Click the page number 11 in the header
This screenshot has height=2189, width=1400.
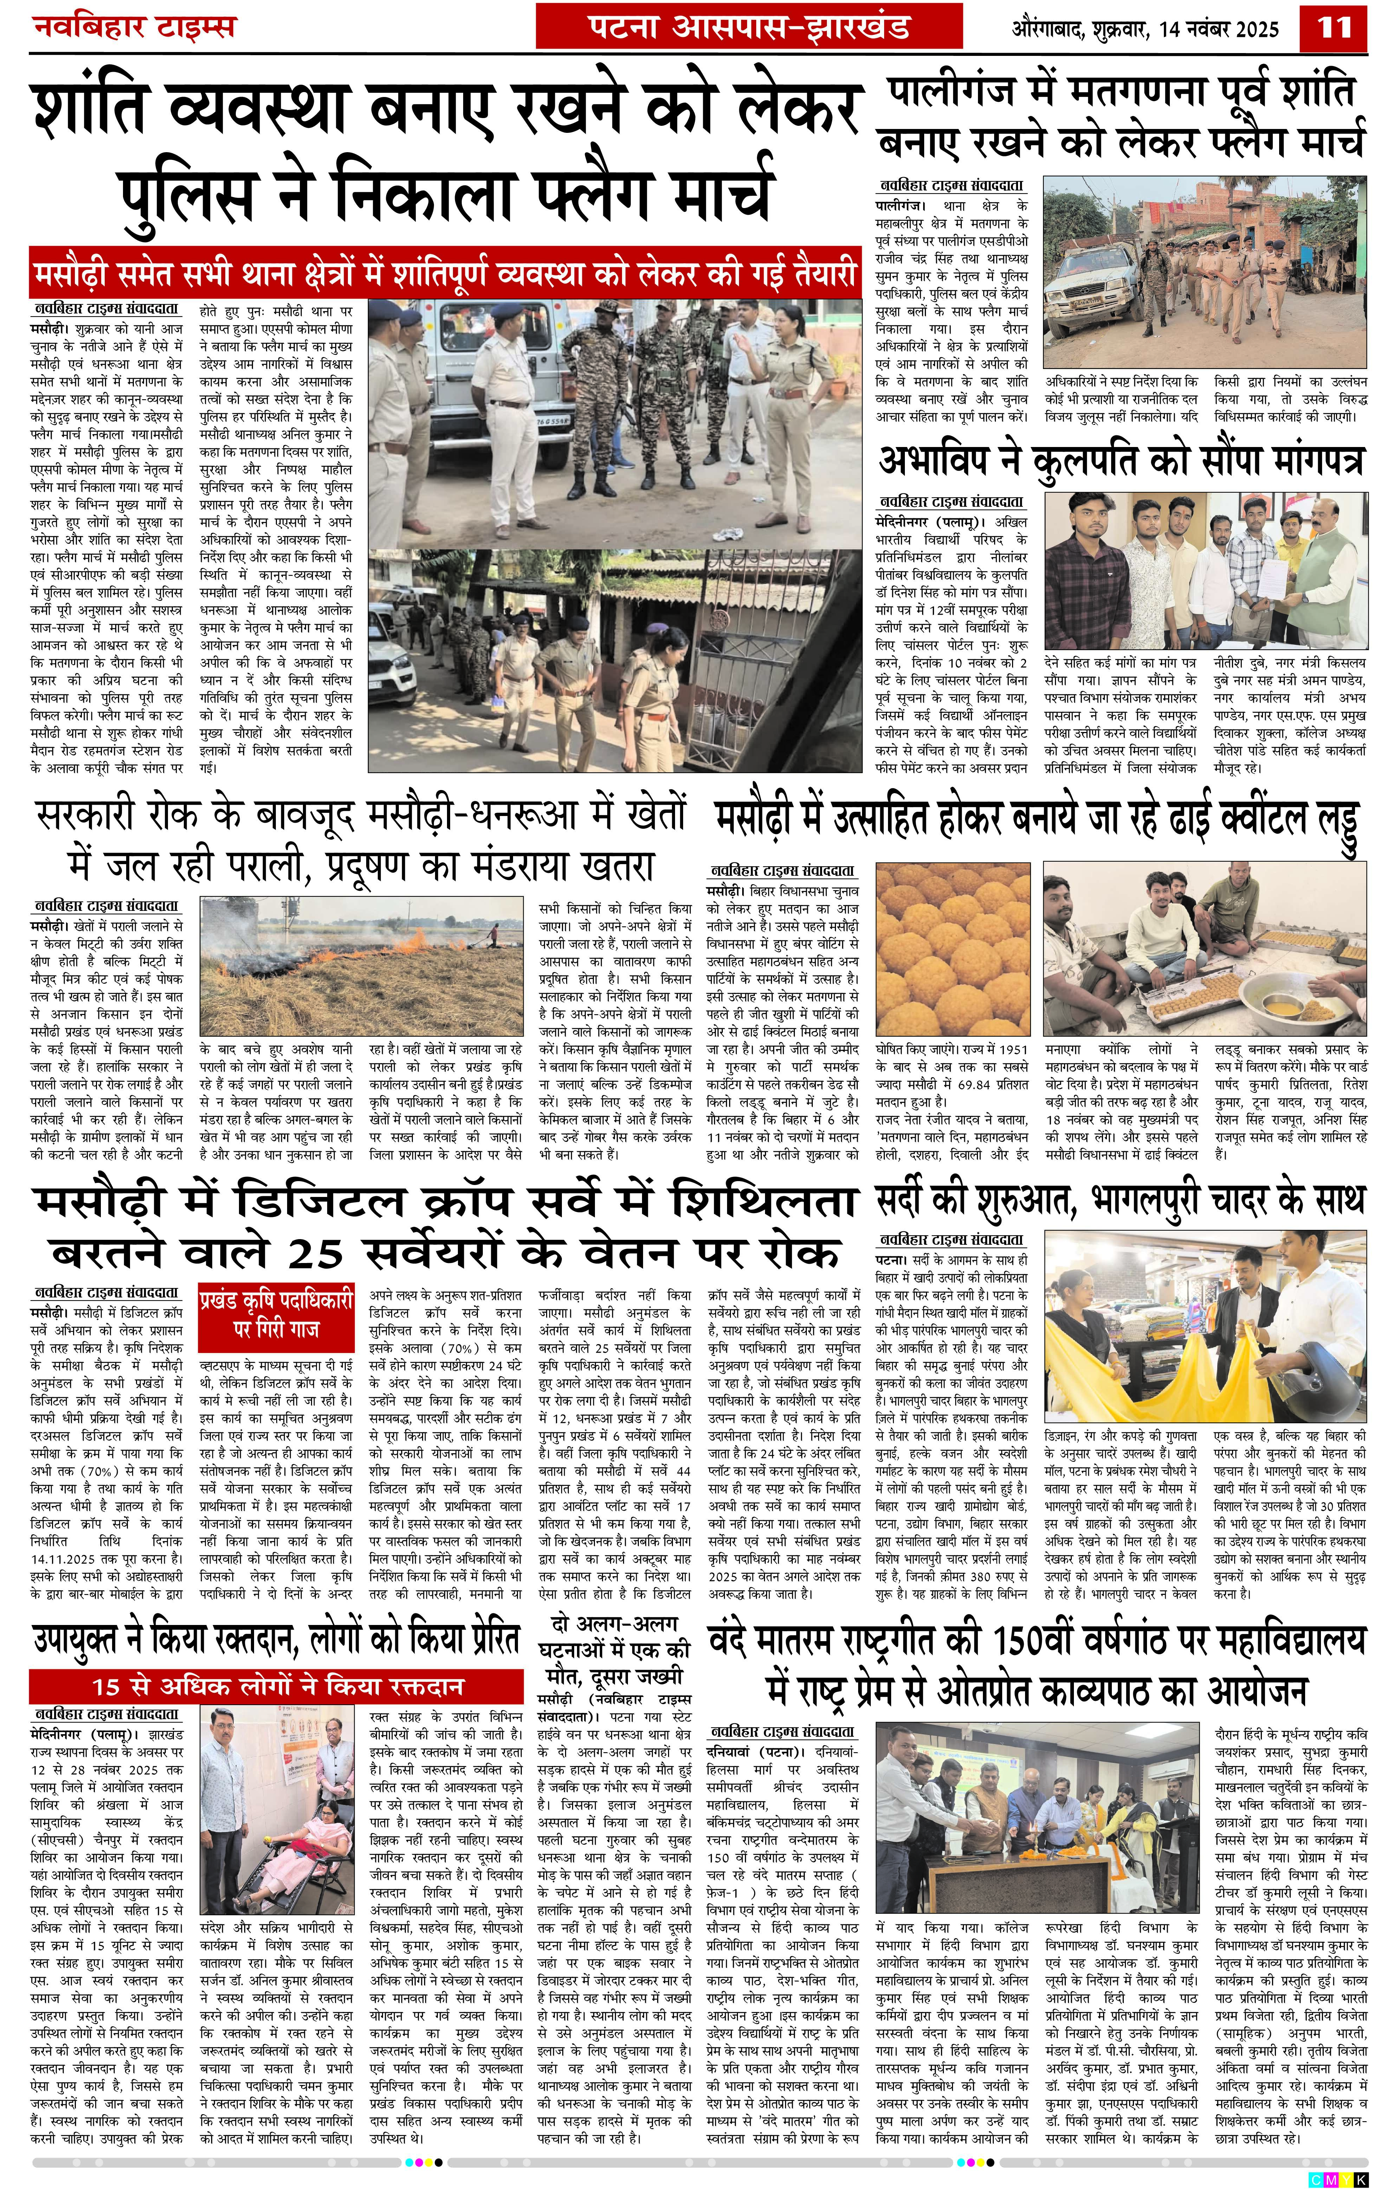(1335, 27)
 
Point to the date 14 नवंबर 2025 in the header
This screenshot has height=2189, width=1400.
(1218, 29)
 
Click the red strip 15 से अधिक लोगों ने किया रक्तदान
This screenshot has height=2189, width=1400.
(277, 1686)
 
